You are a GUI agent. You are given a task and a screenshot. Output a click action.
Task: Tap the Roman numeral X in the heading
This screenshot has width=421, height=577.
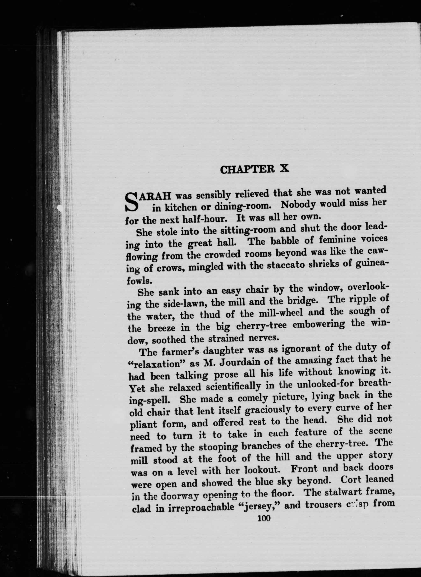[284, 168]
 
